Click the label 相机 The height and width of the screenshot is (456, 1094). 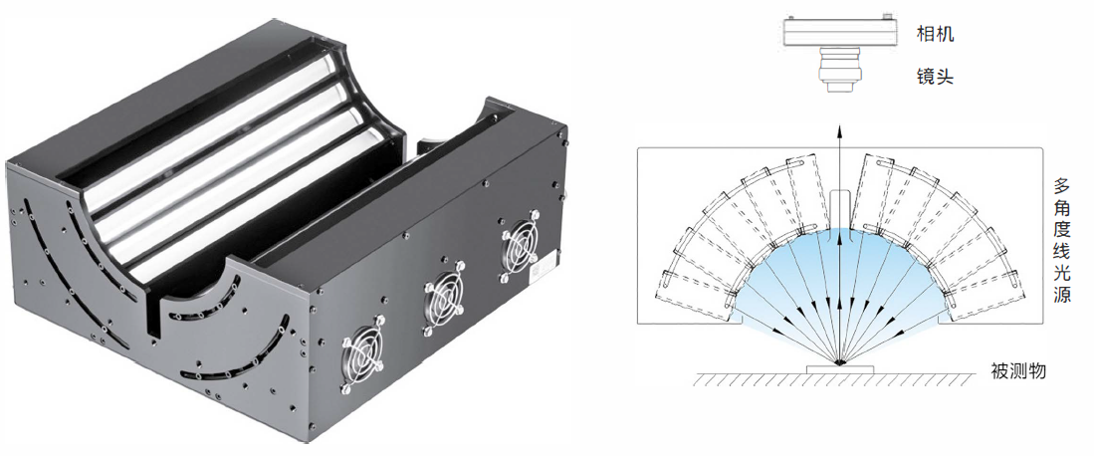click(934, 34)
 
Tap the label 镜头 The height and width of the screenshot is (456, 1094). click(934, 76)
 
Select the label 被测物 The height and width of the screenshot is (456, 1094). click(1018, 370)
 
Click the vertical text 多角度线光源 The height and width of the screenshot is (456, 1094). click(1062, 239)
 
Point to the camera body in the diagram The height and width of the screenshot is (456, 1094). click(839, 31)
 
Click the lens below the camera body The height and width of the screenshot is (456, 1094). click(840, 71)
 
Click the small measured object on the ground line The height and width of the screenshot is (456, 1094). click(840, 368)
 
